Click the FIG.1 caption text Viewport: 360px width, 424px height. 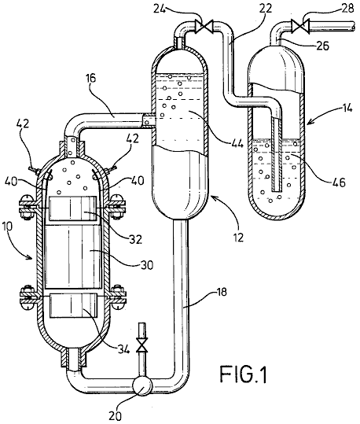point(244,374)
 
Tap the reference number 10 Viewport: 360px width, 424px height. point(9,227)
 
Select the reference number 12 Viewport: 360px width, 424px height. point(238,236)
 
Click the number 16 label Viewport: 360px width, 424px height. point(93,79)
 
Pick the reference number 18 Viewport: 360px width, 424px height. point(222,293)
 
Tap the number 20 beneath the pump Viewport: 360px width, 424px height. point(116,415)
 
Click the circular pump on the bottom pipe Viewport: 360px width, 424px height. point(142,385)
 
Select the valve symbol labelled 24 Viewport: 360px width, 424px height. point(205,26)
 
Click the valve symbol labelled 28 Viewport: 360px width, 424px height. point(300,26)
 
